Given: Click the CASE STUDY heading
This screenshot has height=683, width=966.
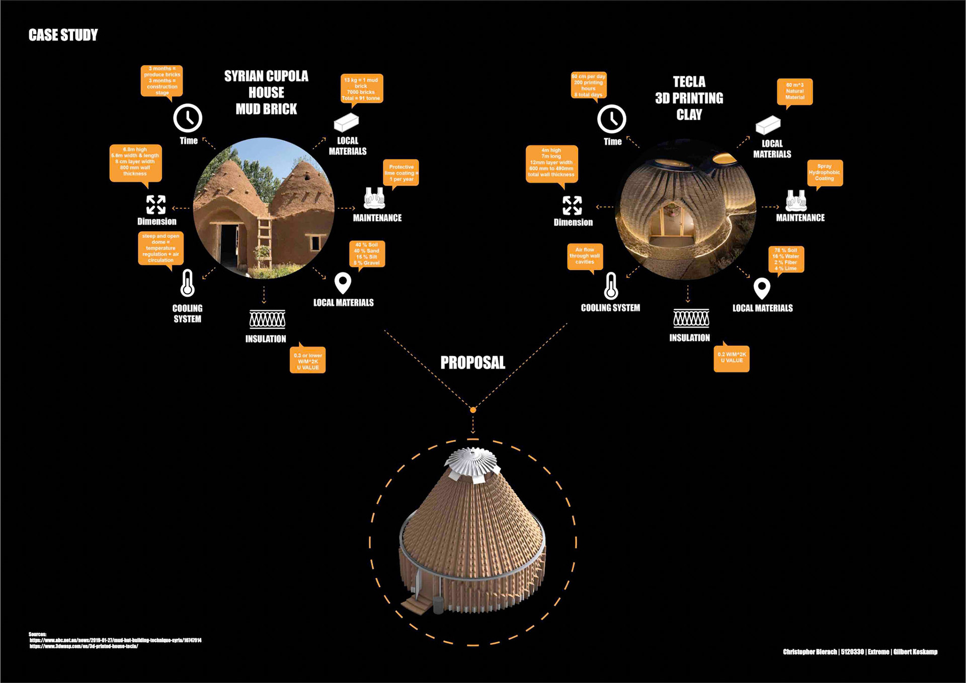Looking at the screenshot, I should click(x=63, y=35).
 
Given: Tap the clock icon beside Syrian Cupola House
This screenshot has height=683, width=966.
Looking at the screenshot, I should click(x=188, y=118).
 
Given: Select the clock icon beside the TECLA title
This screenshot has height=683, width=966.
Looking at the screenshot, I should click(x=612, y=119).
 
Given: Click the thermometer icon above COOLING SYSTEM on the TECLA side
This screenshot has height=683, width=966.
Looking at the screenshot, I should click(x=611, y=286).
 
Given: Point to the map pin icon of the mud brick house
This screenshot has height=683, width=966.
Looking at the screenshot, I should click(x=343, y=283).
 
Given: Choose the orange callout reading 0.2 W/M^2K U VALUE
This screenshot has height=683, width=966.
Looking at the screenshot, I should click(x=732, y=358).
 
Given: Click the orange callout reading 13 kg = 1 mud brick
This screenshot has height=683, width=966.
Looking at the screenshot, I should click(x=361, y=89).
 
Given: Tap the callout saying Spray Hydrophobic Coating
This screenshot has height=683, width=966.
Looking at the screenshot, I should click(x=824, y=173).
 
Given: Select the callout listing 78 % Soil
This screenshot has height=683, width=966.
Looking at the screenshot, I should click(x=786, y=259).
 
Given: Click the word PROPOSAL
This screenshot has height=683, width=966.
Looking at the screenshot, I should click(x=472, y=363).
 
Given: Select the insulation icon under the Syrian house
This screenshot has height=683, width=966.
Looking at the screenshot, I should click(x=267, y=319).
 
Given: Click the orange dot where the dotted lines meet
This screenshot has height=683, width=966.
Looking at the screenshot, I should click(x=473, y=410).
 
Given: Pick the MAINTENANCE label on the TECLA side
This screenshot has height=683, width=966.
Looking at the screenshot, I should click(x=800, y=218).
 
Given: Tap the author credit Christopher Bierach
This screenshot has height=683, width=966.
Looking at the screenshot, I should click(x=810, y=652).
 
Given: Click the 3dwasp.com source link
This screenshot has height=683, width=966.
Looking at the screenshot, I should click(x=84, y=646).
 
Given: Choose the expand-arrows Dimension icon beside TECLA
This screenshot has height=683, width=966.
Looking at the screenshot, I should click(x=572, y=205).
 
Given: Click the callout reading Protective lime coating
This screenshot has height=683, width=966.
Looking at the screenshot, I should click(x=401, y=173).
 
